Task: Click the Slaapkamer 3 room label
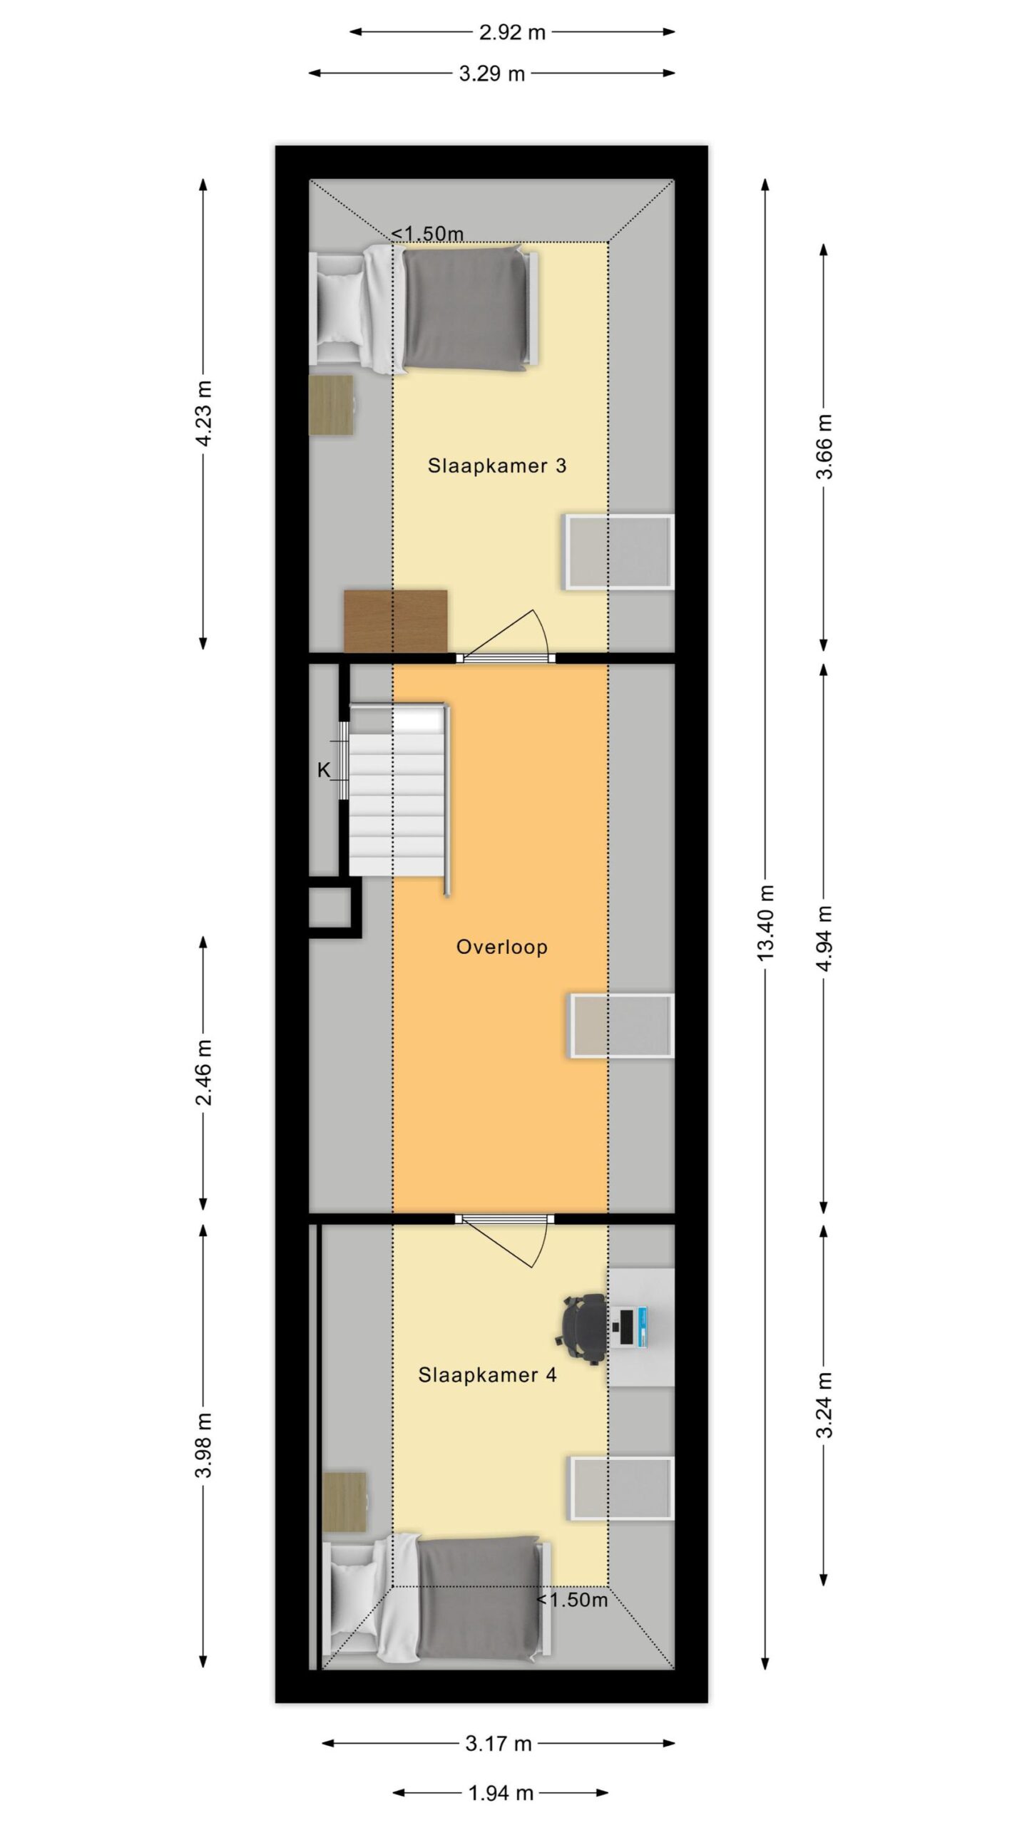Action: (496, 466)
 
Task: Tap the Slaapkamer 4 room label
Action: (487, 1374)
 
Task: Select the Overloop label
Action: (502, 947)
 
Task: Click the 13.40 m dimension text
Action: (765, 922)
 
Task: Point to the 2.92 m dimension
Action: (512, 32)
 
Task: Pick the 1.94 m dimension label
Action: (501, 1793)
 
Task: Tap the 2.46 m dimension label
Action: (204, 1072)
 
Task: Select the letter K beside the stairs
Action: (324, 770)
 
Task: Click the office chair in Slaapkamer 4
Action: (581, 1330)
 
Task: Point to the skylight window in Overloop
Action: (621, 1026)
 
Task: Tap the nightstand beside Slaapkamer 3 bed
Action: (331, 405)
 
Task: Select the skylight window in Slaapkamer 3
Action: (619, 552)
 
